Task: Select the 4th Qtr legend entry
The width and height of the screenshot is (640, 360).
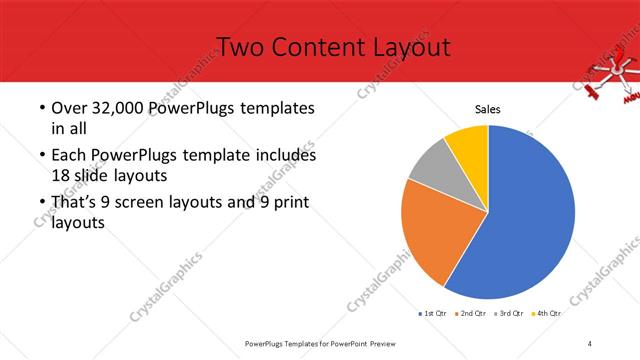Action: point(546,313)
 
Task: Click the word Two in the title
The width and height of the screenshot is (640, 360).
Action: point(238,46)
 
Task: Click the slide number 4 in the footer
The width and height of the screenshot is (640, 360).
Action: point(591,343)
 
